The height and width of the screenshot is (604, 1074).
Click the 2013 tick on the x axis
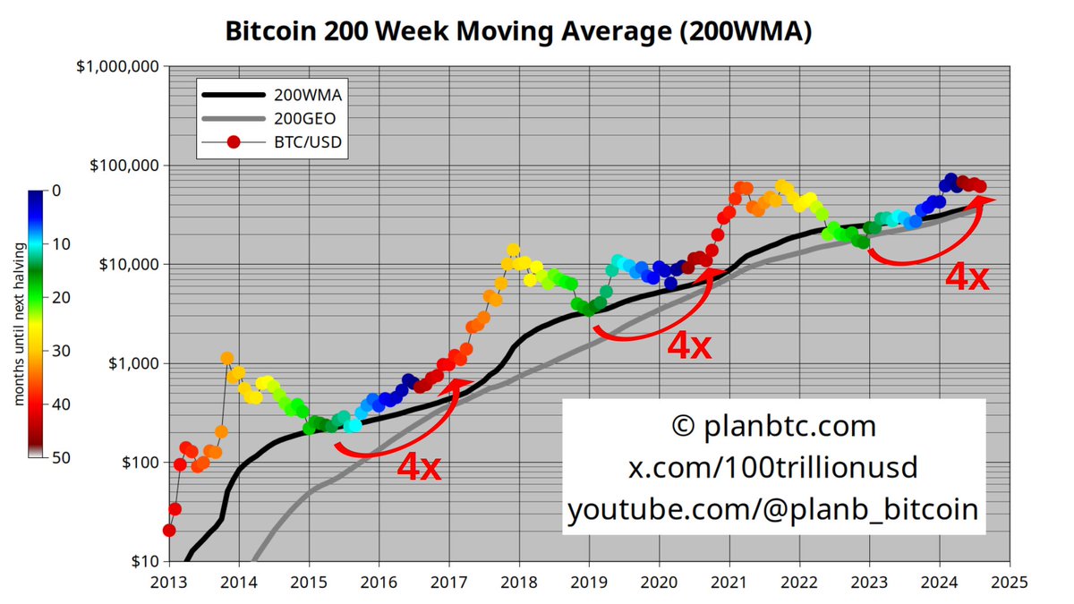pos(168,579)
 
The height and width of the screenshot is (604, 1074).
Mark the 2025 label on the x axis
pos(1010,579)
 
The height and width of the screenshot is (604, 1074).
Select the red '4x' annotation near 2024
pos(967,279)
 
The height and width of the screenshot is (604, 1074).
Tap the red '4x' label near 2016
pos(419,468)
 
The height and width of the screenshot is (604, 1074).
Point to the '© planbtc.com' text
pos(773,426)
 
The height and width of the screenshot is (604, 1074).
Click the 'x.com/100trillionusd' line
pos(773,468)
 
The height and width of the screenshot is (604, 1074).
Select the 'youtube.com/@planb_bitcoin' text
pos(773,510)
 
